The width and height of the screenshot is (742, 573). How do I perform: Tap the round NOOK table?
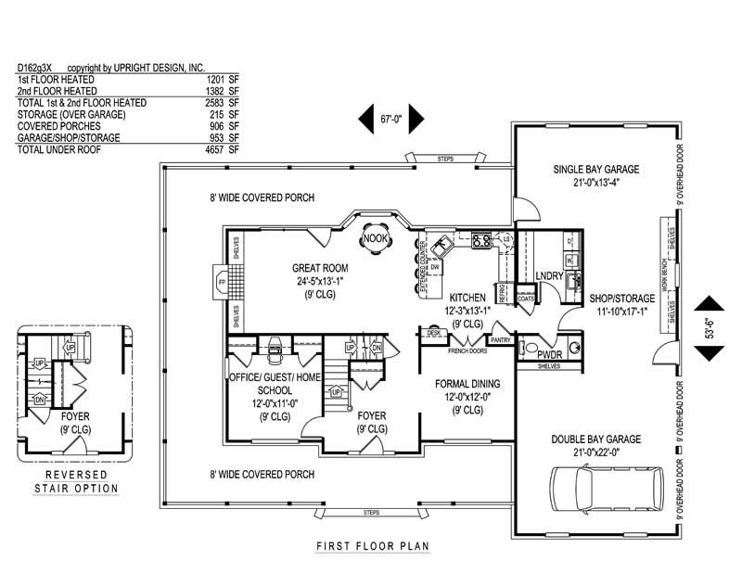pos(376,238)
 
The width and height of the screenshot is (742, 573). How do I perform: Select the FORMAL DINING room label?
pos(469,384)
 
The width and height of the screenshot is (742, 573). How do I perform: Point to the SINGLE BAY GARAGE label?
pos(596,170)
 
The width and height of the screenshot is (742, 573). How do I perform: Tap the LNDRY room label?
pos(550,276)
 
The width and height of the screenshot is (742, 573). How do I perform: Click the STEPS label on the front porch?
pos(371,513)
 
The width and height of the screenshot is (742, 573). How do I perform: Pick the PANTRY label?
pos(502,340)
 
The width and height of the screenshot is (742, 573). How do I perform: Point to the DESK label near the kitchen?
pos(433,332)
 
